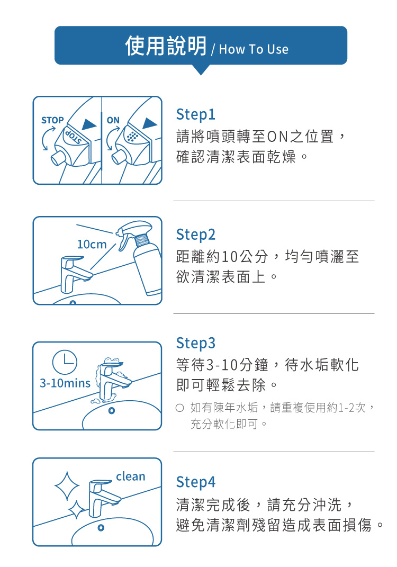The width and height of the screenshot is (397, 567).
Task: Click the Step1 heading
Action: [x=196, y=115]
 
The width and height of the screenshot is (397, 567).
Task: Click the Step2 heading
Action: [x=196, y=235]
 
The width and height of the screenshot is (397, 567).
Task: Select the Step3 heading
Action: [x=196, y=343]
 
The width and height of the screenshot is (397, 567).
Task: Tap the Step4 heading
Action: [x=196, y=482]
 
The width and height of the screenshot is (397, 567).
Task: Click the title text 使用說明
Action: [x=166, y=46]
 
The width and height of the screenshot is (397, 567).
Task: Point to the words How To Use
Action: [x=254, y=49]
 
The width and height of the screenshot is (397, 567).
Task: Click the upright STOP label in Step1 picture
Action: [x=52, y=120]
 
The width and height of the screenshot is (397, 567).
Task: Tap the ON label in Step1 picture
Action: [x=113, y=120]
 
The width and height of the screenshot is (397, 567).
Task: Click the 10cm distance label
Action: [x=92, y=245]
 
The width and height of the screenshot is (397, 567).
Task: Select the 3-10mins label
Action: [x=65, y=383]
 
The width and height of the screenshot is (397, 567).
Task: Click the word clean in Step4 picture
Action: [x=131, y=476]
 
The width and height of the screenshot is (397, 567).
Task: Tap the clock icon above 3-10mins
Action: [x=65, y=362]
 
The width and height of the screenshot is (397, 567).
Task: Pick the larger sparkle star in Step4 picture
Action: [x=67, y=485]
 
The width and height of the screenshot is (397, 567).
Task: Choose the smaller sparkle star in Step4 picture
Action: [x=76, y=510]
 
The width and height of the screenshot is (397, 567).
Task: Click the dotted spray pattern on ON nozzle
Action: [x=132, y=137]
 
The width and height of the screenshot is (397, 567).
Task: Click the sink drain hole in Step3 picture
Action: [x=112, y=411]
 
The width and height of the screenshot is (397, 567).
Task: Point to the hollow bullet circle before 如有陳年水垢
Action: [x=179, y=408]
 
